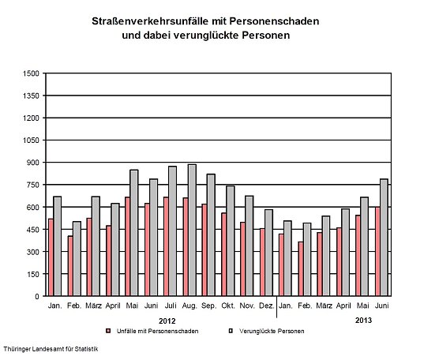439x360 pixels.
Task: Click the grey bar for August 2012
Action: coord(192,231)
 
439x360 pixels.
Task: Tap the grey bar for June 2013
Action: coord(384,238)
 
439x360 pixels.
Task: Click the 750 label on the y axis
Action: coord(31,185)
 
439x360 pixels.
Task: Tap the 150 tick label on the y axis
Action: coord(31,274)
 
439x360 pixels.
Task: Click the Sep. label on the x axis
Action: coord(209,305)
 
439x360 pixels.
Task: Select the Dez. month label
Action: coord(267,305)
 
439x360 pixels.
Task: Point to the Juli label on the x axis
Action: coord(171,305)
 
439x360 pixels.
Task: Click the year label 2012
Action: coord(167,320)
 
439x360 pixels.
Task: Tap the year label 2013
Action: coord(363,320)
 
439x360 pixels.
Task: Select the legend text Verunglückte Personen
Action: coord(272,331)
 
